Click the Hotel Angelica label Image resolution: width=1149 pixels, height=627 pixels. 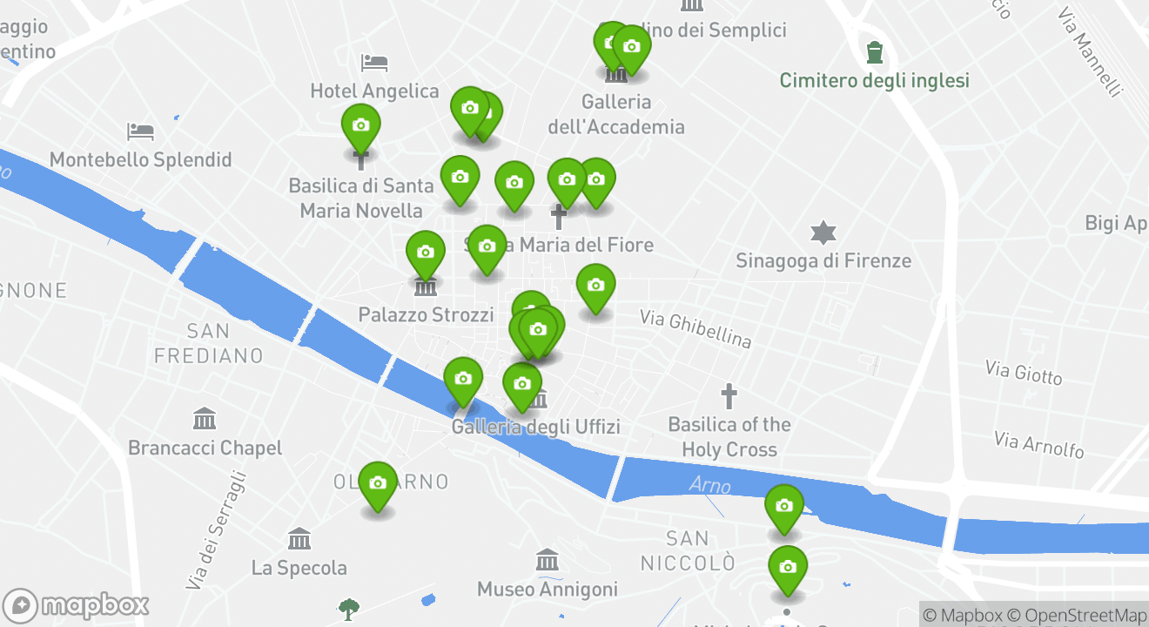[374, 91]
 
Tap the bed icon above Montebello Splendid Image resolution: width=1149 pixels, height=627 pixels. [140, 132]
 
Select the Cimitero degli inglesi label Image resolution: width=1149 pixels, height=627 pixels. [874, 81]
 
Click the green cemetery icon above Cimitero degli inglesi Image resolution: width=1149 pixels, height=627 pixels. [875, 52]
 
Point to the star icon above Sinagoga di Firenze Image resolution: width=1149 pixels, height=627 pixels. [823, 233]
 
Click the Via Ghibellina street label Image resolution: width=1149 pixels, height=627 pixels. [695, 328]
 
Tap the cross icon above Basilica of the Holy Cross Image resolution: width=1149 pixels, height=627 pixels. [729, 397]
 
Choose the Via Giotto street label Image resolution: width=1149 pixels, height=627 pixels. [1024, 373]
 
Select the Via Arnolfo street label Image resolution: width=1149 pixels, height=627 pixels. [1039, 444]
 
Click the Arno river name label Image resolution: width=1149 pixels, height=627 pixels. [709, 485]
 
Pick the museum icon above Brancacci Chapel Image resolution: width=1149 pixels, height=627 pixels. [205, 419]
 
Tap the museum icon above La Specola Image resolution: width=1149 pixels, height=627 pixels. [299, 539]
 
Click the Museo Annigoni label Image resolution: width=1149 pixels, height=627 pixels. [547, 590]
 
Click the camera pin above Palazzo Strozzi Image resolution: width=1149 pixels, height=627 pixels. [426, 254]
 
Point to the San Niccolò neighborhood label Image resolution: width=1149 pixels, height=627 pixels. [688, 550]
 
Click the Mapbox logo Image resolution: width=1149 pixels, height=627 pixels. [77, 605]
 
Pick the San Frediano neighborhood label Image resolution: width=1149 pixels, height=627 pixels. [209, 343]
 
